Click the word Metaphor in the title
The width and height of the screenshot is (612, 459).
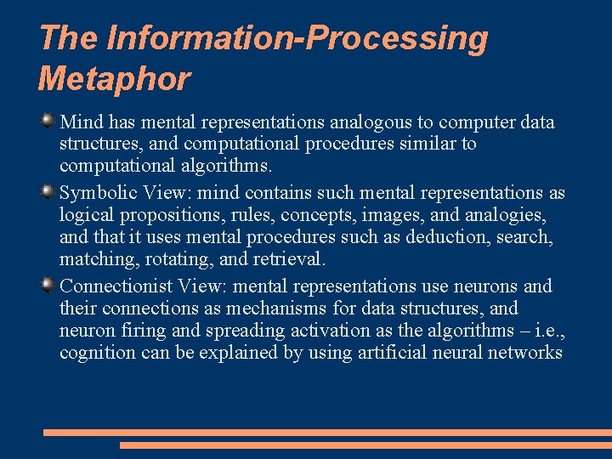[115, 79]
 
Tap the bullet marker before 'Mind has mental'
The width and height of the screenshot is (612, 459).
[48, 122]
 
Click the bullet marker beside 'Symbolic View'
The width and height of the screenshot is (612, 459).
[48, 192]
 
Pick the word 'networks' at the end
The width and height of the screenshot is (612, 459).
[527, 353]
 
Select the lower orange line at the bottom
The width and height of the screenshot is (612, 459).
[365, 445]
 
